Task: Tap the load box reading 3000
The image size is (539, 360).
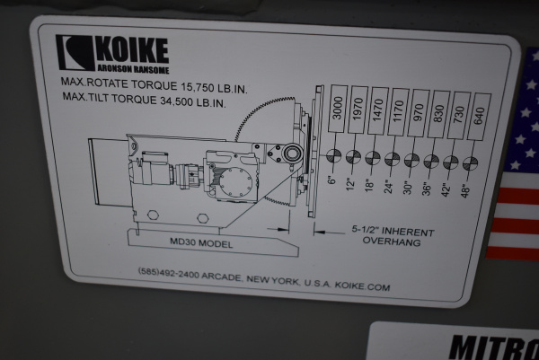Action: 337,109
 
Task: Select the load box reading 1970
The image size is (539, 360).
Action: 358,110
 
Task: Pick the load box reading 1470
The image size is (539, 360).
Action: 378,111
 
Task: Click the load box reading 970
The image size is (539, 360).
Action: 419,113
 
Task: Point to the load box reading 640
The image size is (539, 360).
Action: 479,116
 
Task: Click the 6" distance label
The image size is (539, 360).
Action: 331,180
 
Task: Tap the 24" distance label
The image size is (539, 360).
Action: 388,186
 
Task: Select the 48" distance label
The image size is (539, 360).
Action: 465,191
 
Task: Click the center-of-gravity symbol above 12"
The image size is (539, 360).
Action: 353,157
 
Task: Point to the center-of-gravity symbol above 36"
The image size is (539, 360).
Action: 431,161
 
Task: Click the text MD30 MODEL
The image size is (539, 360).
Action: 201,243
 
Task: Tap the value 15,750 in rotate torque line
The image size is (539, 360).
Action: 198,87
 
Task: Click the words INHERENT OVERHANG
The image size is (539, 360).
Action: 393,237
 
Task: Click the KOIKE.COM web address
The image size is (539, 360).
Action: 362,286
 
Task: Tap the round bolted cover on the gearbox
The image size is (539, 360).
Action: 235,182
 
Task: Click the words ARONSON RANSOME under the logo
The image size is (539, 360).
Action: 133,69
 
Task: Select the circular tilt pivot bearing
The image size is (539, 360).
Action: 293,153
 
